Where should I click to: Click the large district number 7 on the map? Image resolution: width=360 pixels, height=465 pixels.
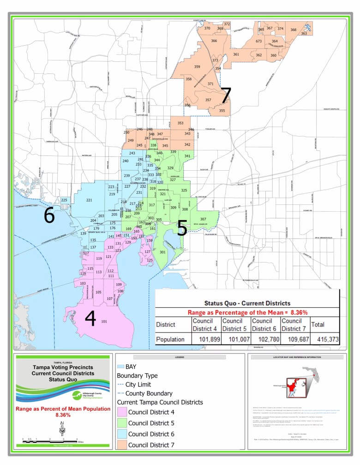click(225, 96)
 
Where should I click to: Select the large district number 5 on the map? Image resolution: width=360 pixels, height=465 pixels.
click(182, 227)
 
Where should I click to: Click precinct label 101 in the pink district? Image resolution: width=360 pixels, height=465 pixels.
click(104, 322)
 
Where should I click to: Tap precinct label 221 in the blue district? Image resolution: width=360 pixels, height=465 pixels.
click(89, 200)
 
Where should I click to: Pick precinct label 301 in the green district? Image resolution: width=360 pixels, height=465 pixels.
click(162, 252)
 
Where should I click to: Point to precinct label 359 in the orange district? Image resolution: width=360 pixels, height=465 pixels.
click(197, 67)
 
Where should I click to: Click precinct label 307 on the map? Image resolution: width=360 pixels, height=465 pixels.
click(203, 219)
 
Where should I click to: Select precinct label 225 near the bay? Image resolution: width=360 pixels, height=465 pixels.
click(64, 200)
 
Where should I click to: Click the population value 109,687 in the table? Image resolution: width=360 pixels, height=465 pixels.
click(294, 340)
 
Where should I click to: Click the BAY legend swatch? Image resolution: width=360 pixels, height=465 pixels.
click(121, 366)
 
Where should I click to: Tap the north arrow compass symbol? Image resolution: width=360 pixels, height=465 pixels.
click(62, 429)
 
